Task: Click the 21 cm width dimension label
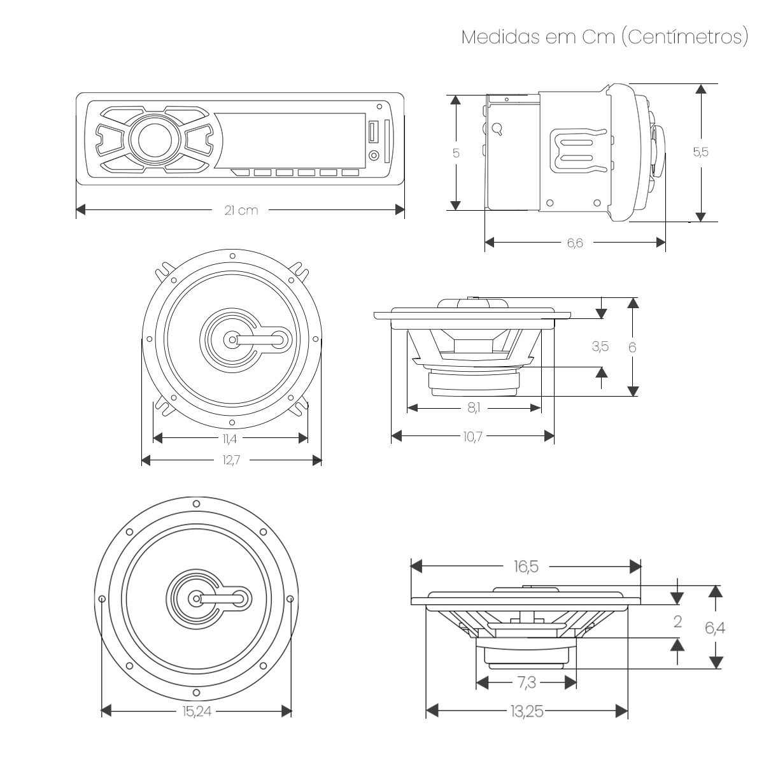[x=241, y=210]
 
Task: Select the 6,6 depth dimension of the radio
[x=575, y=243]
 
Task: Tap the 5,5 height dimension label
[x=700, y=152]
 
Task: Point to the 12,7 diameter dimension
[x=230, y=460]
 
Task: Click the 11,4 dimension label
[x=230, y=438]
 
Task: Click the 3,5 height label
[x=600, y=346]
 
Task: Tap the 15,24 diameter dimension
[x=195, y=711]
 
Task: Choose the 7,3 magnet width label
[x=526, y=683]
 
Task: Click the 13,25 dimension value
[x=526, y=711]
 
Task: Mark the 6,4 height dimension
[x=715, y=628]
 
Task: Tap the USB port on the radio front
[x=372, y=132]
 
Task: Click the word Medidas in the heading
[x=500, y=37]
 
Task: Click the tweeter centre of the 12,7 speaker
[x=230, y=340]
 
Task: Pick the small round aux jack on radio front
[x=373, y=156]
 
